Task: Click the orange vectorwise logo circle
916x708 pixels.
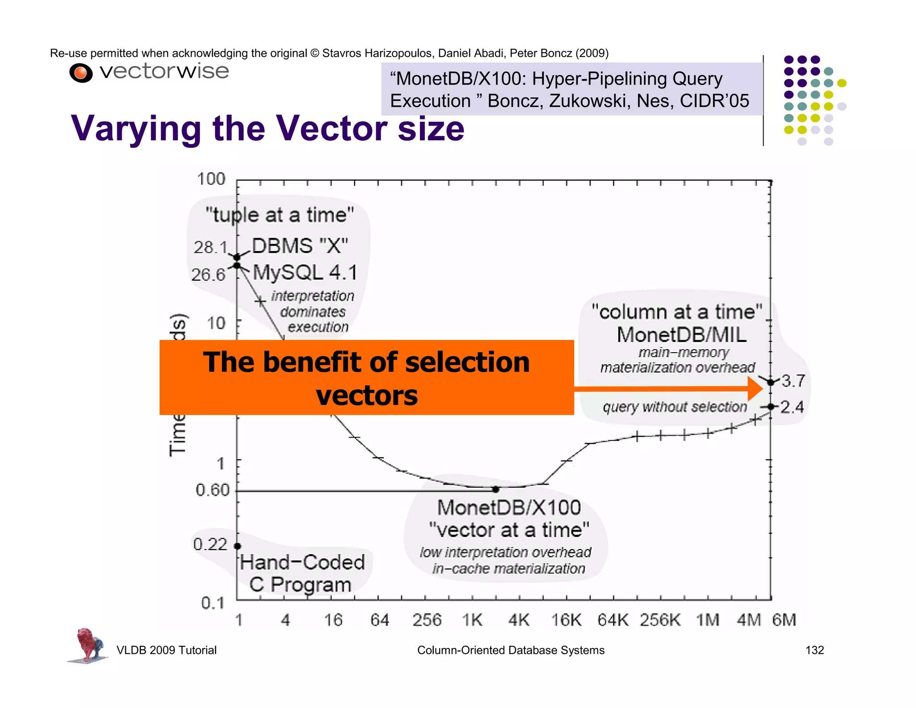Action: [x=81, y=73]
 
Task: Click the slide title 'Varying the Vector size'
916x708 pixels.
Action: [x=267, y=128]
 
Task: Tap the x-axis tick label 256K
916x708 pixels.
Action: [x=660, y=620]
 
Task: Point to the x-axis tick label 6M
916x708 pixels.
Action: [x=784, y=620]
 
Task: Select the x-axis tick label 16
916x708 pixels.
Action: [x=333, y=620]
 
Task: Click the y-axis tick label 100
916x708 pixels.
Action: [x=211, y=179]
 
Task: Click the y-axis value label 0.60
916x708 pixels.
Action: [x=212, y=490]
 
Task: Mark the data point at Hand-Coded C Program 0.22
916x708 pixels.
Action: [x=237, y=546]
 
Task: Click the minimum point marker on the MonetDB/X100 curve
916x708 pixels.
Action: [x=496, y=490]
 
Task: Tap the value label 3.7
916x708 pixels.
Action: [x=793, y=381]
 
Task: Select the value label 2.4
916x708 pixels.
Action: [x=792, y=407]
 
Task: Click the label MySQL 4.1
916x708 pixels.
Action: [x=305, y=273]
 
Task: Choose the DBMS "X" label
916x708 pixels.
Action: [x=300, y=246]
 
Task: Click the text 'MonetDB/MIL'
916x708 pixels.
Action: [x=681, y=335]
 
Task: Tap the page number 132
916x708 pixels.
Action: [x=814, y=650]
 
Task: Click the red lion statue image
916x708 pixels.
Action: [x=88, y=644]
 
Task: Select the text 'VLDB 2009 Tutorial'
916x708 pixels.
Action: [x=166, y=650]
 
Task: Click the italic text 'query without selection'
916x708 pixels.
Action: [x=674, y=407]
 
